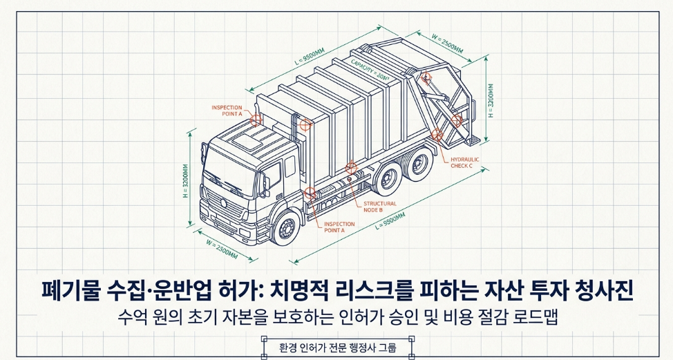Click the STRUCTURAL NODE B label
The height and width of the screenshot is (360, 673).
click(x=380, y=207)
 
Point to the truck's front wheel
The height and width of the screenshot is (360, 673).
click(x=285, y=227)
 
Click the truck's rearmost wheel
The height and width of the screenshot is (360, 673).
click(x=417, y=167)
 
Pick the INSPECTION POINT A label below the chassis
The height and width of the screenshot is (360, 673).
click(x=339, y=227)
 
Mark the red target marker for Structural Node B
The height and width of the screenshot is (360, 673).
click(x=350, y=167)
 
